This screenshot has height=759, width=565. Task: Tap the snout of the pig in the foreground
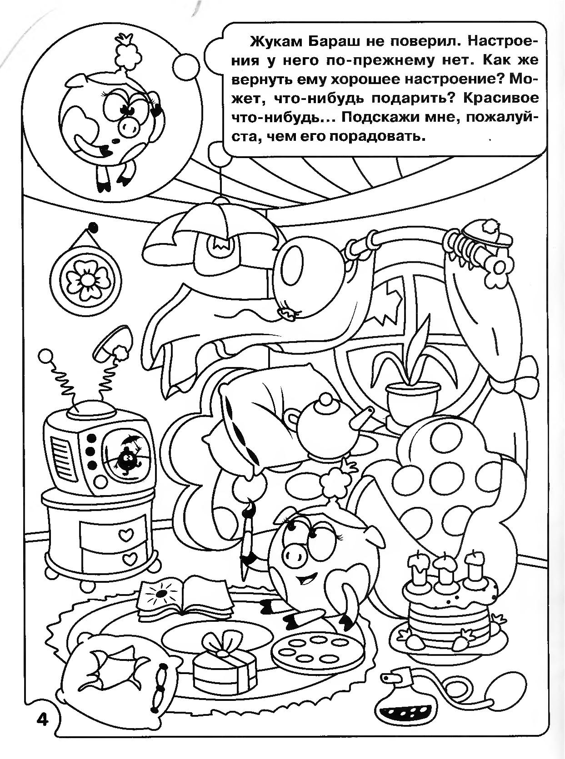(295, 554)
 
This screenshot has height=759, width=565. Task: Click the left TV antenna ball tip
(46, 355)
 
